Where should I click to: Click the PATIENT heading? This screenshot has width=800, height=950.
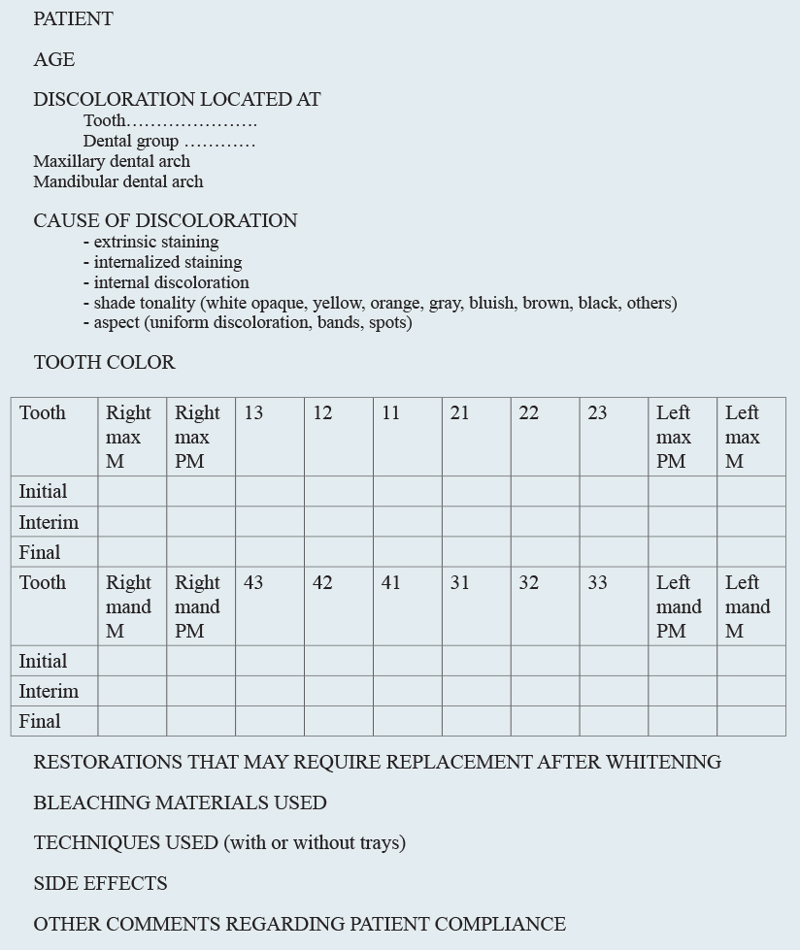coord(73,19)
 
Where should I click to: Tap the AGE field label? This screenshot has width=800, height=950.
coord(53,60)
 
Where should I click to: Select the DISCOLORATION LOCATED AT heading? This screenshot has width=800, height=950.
coord(177,100)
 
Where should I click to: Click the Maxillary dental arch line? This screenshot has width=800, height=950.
coord(112,161)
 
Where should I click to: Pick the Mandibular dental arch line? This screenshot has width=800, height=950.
coord(118,181)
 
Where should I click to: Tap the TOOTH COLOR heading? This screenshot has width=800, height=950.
coord(104,363)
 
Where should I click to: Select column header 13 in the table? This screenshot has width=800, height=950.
coord(253,413)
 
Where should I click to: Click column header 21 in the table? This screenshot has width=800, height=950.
coord(459,413)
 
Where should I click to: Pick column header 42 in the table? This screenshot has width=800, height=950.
coord(322,583)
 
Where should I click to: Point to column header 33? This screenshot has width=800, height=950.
coord(597,583)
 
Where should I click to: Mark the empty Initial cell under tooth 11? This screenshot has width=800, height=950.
coord(407,491)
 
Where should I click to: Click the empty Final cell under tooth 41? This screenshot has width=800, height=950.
coord(407,721)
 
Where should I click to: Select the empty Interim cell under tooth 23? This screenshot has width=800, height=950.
coord(614,522)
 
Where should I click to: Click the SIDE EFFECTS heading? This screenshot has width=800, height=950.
coord(100,884)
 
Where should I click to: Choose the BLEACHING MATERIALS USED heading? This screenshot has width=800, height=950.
coord(180,803)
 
